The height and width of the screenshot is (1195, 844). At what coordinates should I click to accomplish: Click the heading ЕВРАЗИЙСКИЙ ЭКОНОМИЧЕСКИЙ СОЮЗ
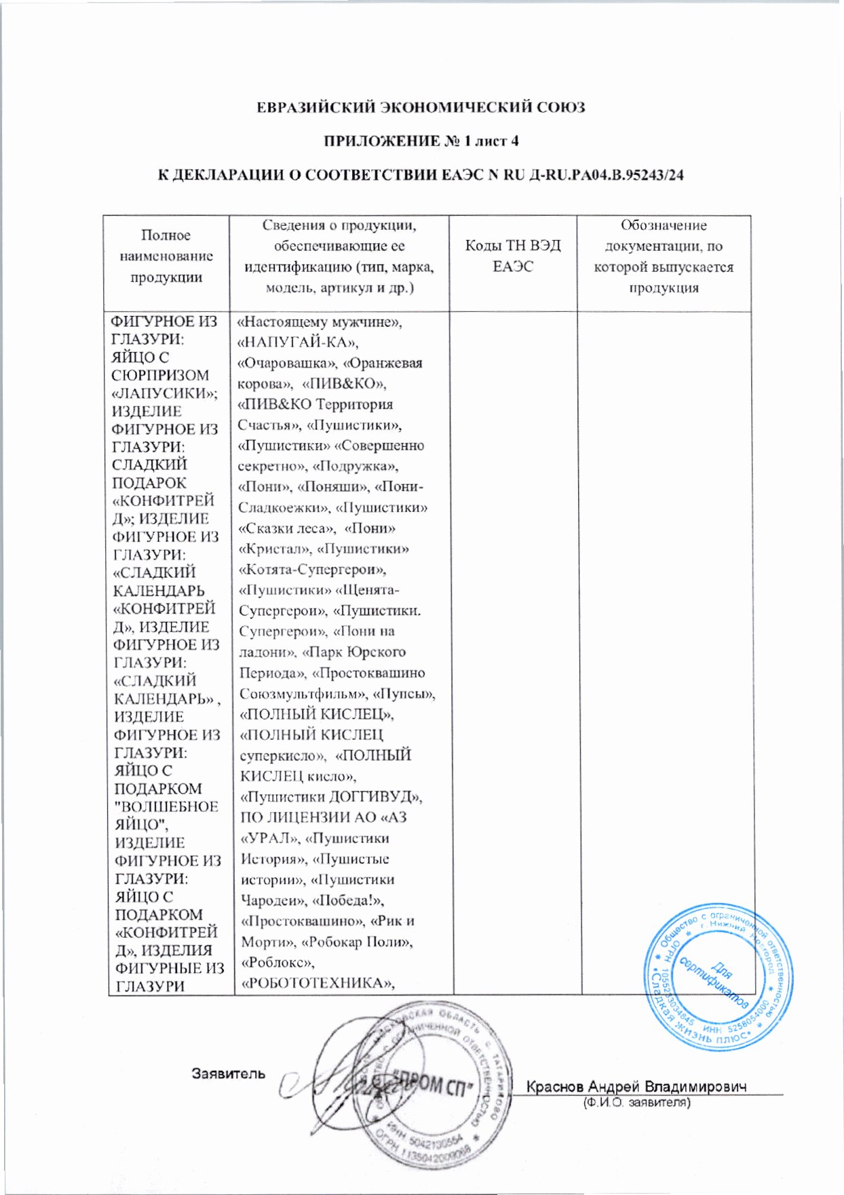421,107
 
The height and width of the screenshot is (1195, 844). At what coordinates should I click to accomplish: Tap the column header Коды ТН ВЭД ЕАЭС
513,256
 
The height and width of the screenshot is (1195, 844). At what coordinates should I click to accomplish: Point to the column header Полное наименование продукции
166,256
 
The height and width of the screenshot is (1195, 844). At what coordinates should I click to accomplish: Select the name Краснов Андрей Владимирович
636,1086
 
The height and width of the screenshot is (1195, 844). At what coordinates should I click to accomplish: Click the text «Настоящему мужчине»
319,321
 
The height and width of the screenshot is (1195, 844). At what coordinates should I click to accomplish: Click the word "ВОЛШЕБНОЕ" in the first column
167,806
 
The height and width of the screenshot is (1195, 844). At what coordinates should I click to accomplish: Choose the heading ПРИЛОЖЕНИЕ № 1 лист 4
421,141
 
